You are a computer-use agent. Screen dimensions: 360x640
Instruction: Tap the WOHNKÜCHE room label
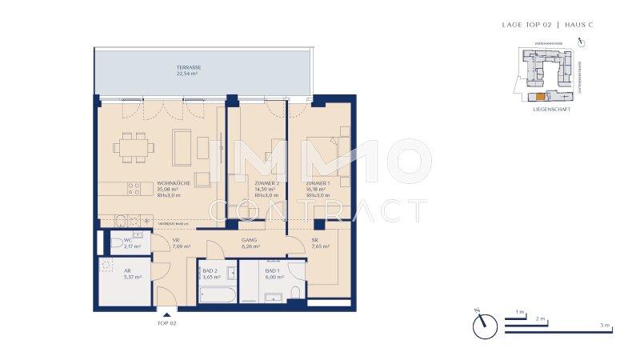coord(173,182)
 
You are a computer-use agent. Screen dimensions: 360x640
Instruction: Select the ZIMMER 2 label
coord(264,182)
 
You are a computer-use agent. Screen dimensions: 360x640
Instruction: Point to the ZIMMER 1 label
coord(317,182)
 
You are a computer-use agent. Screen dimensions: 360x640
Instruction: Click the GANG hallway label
coord(248,238)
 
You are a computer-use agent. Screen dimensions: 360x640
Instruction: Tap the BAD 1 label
coord(274,271)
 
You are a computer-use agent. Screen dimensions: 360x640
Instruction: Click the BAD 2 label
coord(210,271)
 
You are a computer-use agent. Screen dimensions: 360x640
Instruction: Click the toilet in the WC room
coord(118,243)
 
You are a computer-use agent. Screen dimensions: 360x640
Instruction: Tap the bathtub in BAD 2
coord(217,295)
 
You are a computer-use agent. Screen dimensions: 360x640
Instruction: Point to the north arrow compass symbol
coord(484,324)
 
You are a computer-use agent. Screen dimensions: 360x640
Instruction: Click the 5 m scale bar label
coord(606,326)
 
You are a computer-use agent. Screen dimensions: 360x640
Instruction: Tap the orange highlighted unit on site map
coord(540,96)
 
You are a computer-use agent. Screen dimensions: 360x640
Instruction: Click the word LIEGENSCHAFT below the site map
coord(551,110)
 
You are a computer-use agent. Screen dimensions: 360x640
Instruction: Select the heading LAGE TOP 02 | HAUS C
coord(547,26)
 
